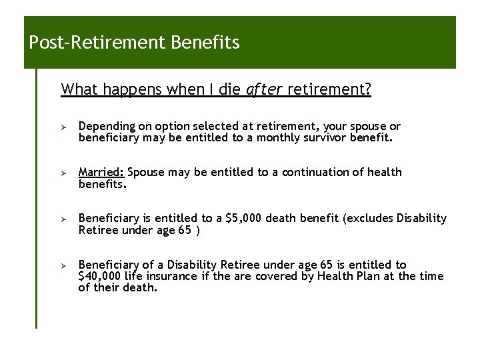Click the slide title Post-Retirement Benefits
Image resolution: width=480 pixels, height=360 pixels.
click(134, 44)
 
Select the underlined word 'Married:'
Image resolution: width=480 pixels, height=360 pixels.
click(101, 172)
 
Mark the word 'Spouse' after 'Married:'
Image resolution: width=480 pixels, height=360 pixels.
click(145, 172)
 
